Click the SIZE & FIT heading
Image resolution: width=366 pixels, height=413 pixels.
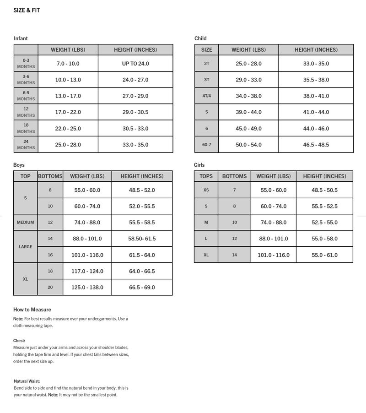(27, 10)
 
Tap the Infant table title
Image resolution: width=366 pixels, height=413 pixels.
(21, 38)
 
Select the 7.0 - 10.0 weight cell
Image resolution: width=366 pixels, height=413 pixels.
(68, 64)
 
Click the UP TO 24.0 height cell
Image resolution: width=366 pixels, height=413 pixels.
(135, 64)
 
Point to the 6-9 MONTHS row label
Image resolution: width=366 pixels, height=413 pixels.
(26, 96)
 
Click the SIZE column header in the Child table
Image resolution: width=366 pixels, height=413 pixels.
(207, 50)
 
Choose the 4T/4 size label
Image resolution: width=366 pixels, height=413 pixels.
(207, 96)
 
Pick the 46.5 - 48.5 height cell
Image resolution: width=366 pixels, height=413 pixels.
(316, 145)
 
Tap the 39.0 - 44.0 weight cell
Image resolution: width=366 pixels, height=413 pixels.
(248, 112)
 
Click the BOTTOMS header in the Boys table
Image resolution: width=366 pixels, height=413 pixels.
(50, 176)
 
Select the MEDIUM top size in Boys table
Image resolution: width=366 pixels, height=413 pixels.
(26, 223)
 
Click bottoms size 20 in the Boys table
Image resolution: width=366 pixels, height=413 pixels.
(50, 288)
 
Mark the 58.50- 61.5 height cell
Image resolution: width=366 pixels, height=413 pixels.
(142, 239)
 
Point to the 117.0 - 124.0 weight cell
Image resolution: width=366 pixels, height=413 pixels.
(87, 271)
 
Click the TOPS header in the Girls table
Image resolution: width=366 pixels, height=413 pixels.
(206, 176)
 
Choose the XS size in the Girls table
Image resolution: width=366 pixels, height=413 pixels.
(206, 190)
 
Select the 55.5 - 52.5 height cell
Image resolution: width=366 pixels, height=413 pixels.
(324, 206)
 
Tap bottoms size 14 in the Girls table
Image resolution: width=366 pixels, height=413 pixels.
(234, 255)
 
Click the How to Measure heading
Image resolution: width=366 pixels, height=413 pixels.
(32, 310)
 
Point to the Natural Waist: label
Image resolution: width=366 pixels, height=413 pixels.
(27, 381)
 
